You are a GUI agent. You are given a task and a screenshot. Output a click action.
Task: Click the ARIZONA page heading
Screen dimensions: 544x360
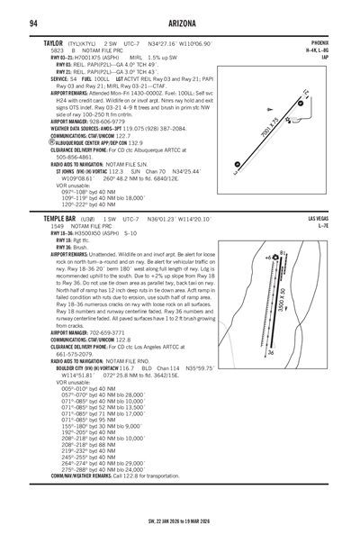[180, 22]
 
